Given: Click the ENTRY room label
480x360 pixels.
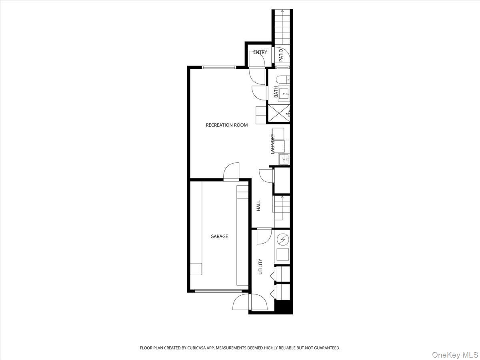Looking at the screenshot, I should (x=260, y=52).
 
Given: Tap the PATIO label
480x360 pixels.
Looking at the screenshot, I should (x=281, y=55).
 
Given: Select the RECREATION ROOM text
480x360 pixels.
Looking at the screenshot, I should (x=226, y=125).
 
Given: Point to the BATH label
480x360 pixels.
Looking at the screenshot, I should (x=276, y=92).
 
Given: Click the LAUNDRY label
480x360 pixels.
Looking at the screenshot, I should (x=273, y=144).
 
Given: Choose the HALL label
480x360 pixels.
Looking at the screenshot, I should (x=258, y=206).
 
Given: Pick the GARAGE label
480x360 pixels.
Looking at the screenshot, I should (x=219, y=236).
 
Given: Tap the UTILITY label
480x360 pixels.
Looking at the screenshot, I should (x=260, y=266).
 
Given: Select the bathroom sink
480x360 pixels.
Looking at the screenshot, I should (x=284, y=95).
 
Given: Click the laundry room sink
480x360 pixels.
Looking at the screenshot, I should (x=284, y=159).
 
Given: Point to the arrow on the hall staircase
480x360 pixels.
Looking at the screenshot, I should (x=282, y=197).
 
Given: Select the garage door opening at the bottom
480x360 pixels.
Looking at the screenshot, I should (x=218, y=291).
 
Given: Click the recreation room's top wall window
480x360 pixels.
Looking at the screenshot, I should (x=219, y=67).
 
